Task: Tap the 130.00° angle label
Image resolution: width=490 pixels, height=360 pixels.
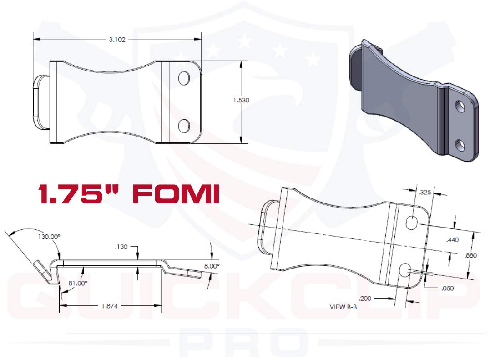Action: coord(49,237)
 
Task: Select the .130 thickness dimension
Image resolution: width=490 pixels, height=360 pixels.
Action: coord(121,248)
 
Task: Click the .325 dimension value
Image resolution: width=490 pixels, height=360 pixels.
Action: coord(424,193)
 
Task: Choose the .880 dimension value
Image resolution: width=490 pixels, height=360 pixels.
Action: coord(470,256)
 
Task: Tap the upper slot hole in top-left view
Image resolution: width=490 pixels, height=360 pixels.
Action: coord(184,77)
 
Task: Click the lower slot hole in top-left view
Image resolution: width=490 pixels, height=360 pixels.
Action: coord(184,126)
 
